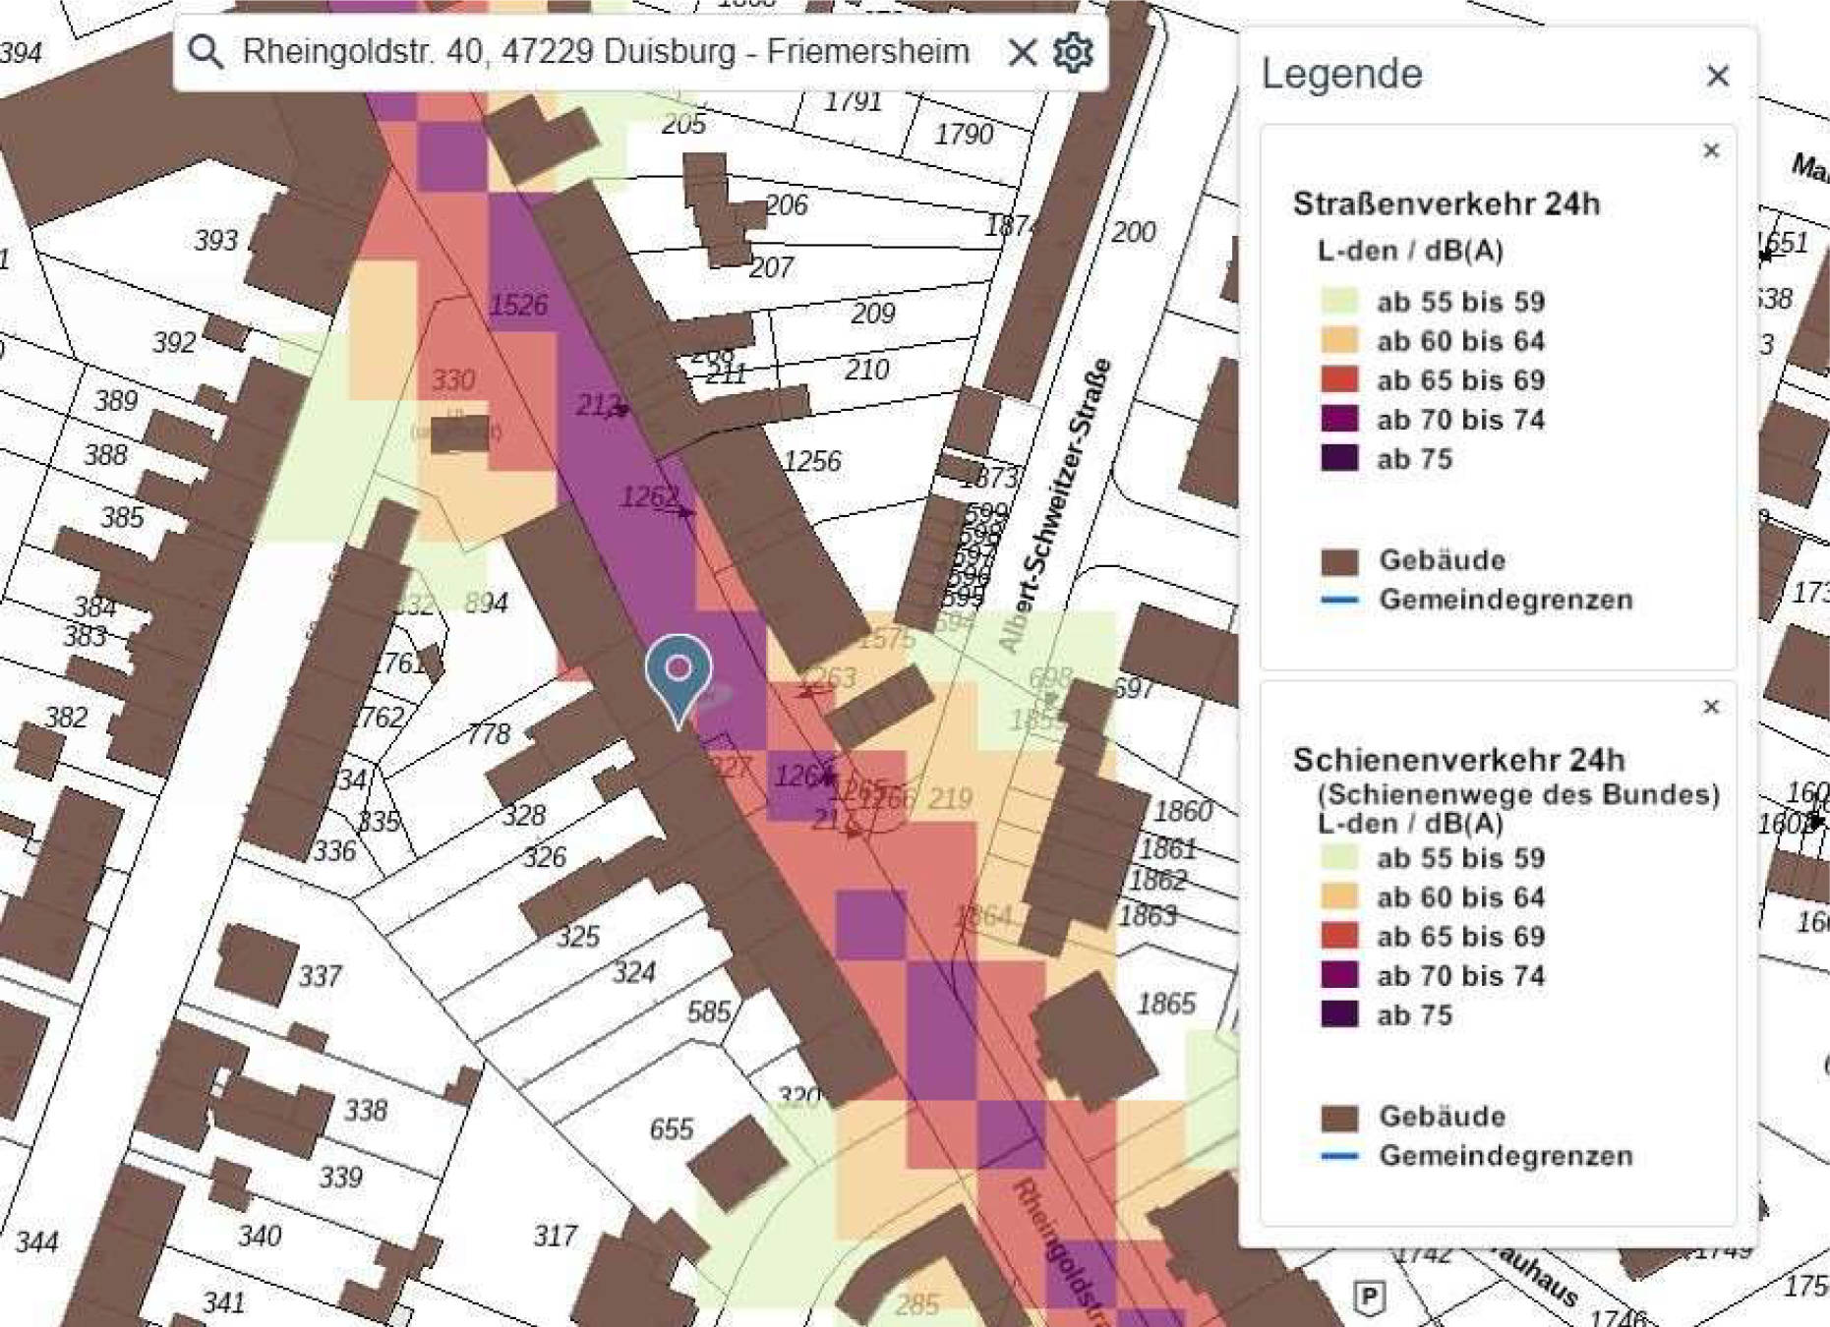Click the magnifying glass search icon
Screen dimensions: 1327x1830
(206, 51)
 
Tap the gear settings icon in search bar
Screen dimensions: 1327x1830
(1073, 51)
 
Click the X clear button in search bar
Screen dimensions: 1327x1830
(1023, 51)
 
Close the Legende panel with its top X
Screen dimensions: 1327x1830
(1717, 76)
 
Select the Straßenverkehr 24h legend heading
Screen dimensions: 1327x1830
(1446, 204)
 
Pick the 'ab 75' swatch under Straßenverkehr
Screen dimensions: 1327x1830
(1339, 459)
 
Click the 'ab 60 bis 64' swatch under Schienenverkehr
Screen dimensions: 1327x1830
(1339, 896)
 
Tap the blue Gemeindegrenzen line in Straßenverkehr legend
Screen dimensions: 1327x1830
(1339, 600)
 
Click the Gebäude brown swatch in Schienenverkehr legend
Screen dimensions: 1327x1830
(1339, 1118)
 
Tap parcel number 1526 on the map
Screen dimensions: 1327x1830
(518, 305)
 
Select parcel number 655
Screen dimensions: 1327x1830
(672, 1128)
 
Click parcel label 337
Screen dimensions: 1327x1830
(320, 976)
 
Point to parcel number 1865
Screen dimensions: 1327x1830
(1165, 1004)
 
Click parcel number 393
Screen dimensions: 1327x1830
(215, 240)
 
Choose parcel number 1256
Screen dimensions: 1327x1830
(812, 461)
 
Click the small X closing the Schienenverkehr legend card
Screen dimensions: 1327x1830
(1711, 707)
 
